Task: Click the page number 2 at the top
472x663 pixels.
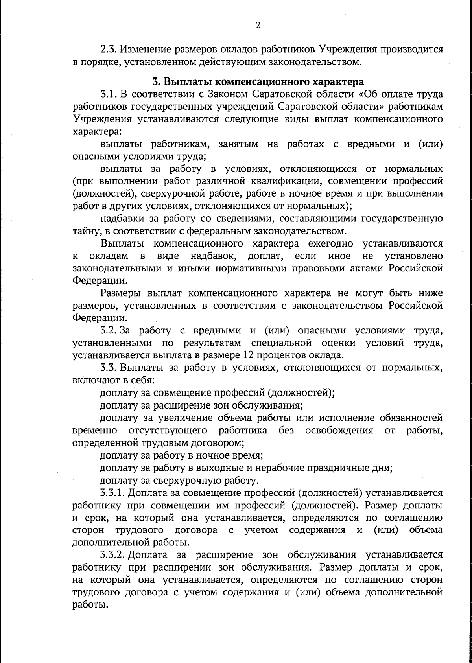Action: (258, 26)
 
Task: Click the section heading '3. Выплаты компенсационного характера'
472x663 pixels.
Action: (258, 82)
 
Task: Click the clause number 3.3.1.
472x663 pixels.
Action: (113, 493)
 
